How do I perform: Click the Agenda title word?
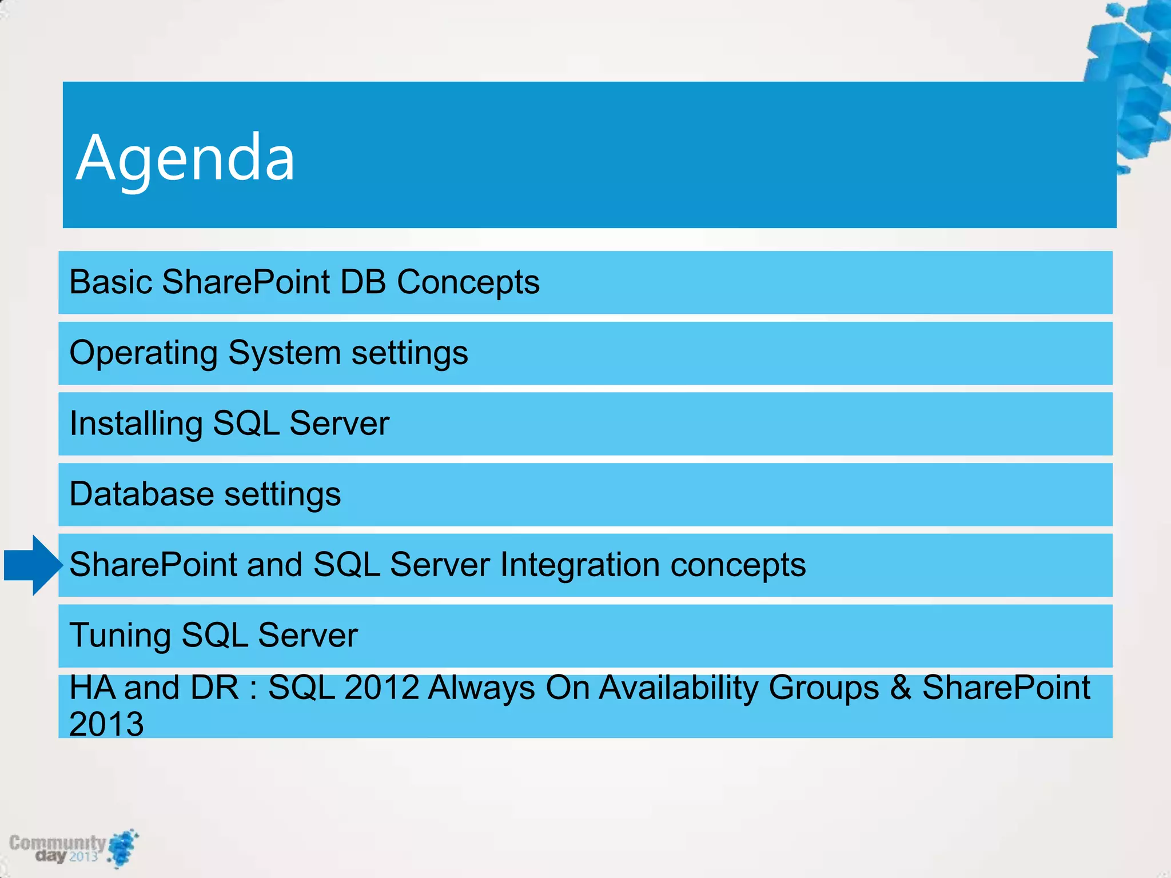click(x=185, y=158)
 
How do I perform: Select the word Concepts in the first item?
click(x=468, y=282)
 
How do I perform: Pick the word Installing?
click(x=136, y=424)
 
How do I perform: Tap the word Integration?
click(x=580, y=565)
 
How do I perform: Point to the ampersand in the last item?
click(x=900, y=687)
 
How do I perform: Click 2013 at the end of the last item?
click(x=106, y=724)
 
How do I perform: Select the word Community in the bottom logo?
click(x=57, y=843)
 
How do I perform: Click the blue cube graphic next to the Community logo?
click(x=122, y=848)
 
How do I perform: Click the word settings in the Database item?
click(x=282, y=494)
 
